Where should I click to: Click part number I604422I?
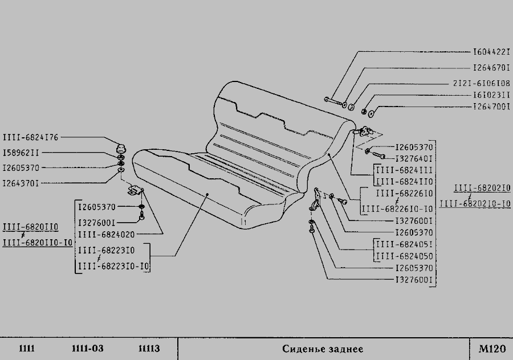coord(491,52)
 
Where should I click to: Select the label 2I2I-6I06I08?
coord(481,83)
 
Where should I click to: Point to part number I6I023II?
coord(491,95)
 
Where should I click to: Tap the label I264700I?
coord(491,107)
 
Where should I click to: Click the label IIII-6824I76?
coord(30,137)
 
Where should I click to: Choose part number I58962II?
coord(21,153)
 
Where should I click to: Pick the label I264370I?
coord(21,183)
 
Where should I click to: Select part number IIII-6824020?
coord(107,235)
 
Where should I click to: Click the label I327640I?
coord(414,159)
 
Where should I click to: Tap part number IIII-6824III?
coord(405,170)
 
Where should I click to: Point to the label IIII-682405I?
coord(405,244)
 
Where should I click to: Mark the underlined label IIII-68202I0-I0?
coord(475,204)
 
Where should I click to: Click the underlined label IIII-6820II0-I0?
coord(37,243)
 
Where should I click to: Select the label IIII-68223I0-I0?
coord(113,267)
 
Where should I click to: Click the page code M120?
coord(492,349)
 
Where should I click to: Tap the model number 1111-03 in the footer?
coord(87,349)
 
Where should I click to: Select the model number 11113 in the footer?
coord(149,349)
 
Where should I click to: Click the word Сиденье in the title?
coord(301,349)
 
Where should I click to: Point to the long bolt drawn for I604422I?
coord(333,102)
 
